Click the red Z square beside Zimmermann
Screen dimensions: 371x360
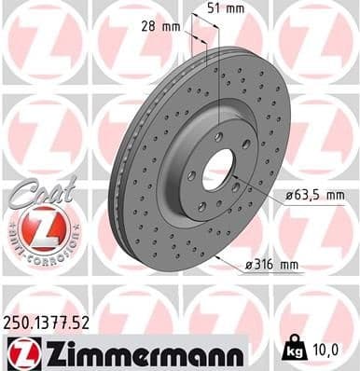tap(19, 353)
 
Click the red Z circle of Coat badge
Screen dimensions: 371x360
tap(38, 225)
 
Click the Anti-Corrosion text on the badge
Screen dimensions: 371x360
tap(38, 244)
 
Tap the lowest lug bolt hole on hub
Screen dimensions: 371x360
tap(202, 204)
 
